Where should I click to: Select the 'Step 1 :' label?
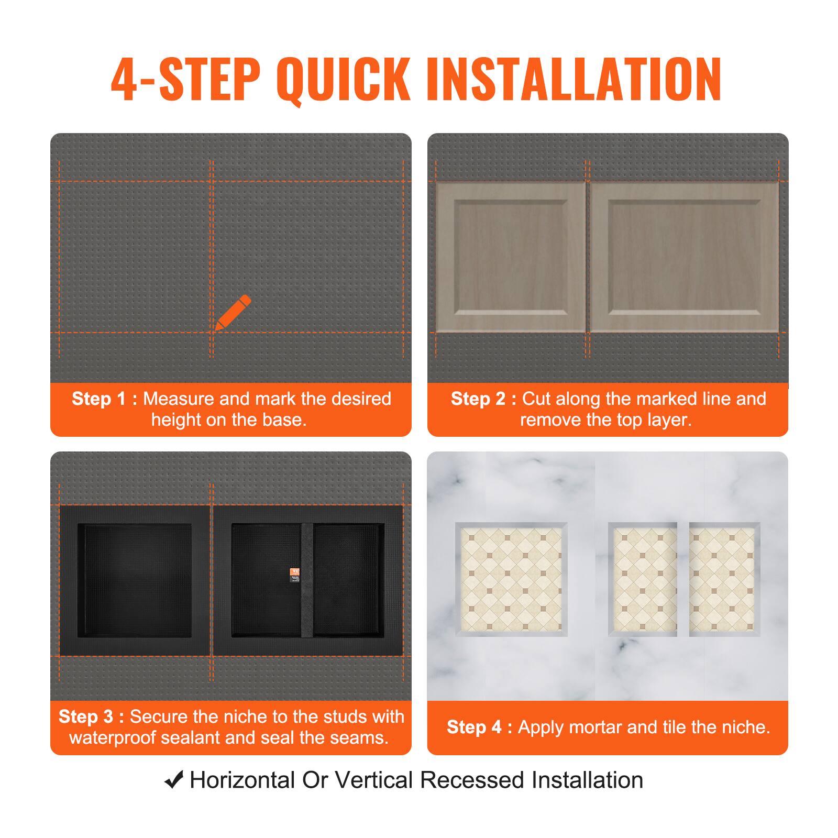click(x=104, y=399)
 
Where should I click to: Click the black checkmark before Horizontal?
click(x=174, y=780)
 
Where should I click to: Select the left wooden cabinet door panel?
click(x=511, y=257)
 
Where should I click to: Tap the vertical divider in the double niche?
click(x=307, y=580)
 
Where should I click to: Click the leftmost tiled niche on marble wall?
click(x=511, y=579)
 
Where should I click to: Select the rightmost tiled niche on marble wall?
click(x=724, y=579)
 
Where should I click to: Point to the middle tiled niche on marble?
click(x=643, y=579)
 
